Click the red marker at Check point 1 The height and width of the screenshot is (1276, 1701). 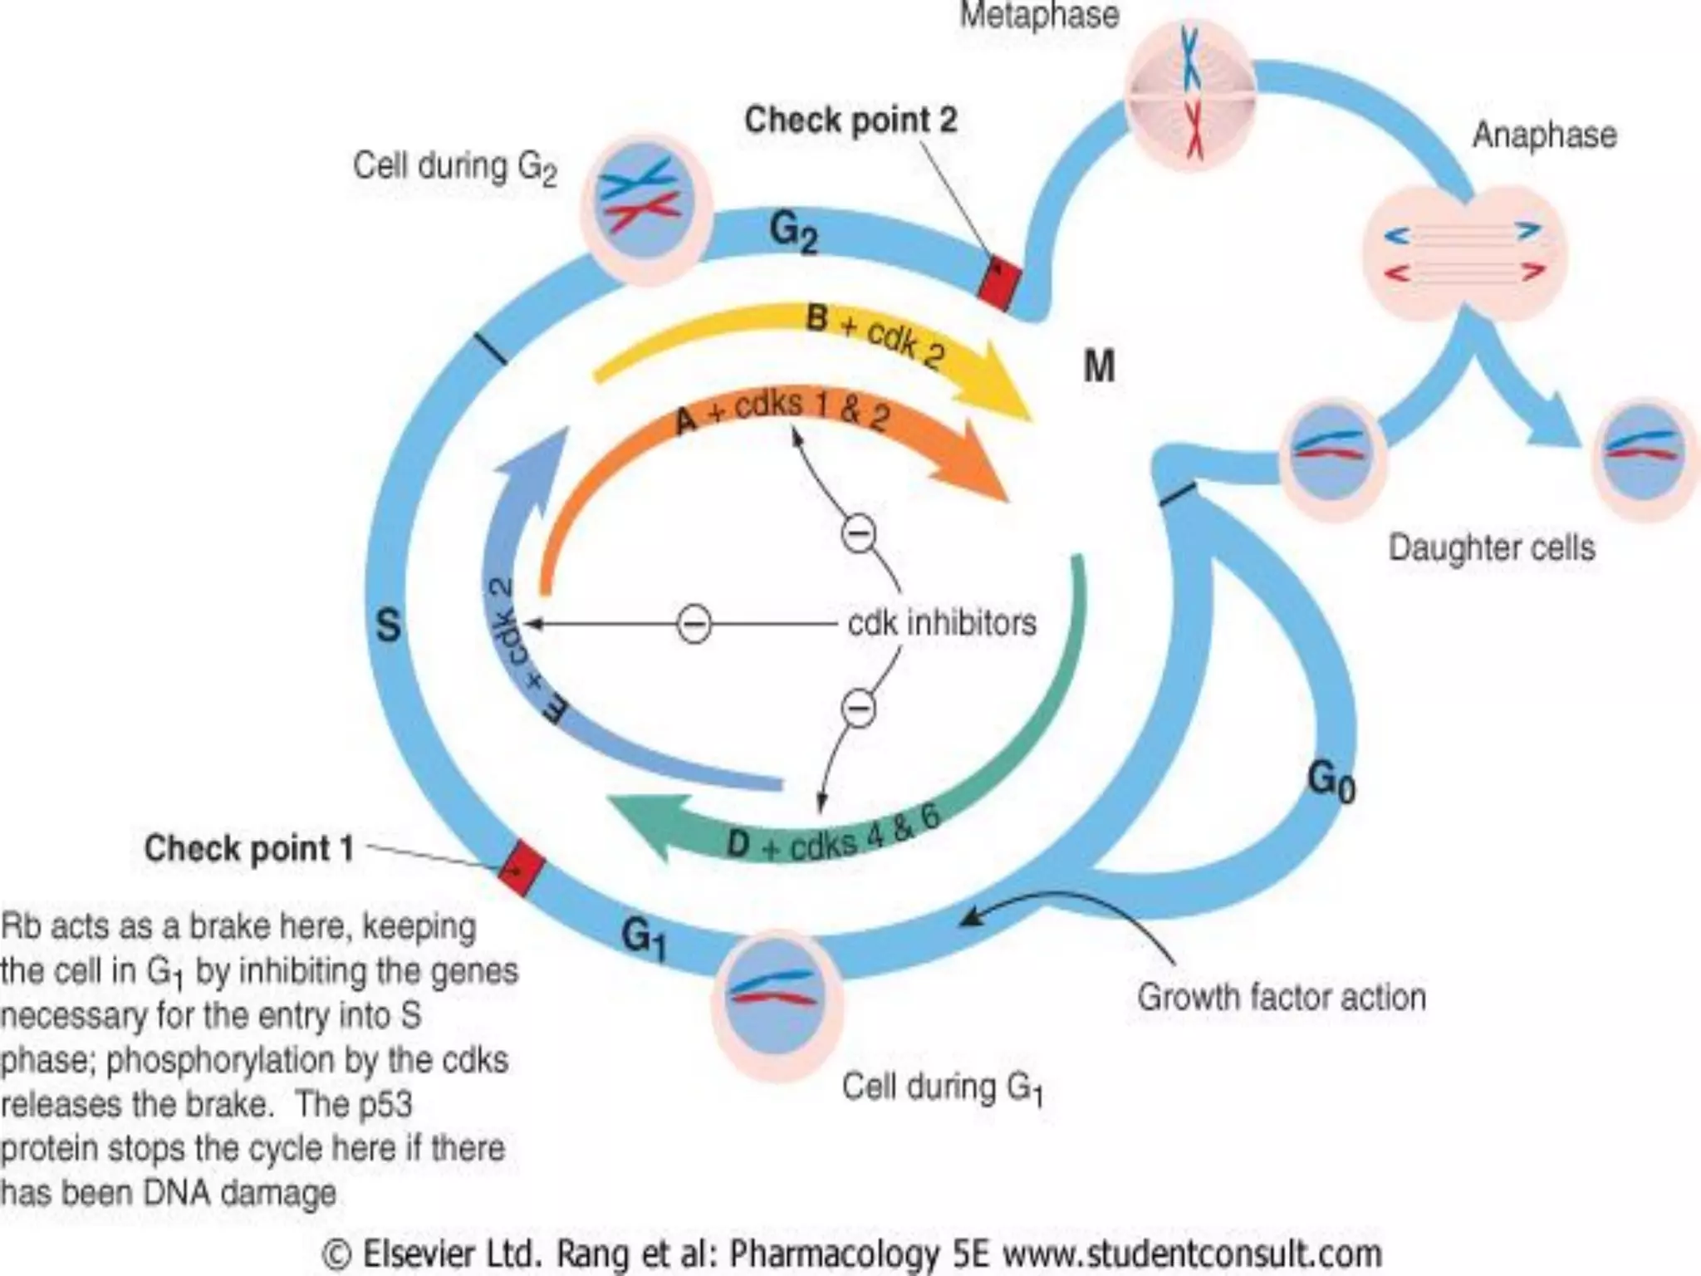coord(522,868)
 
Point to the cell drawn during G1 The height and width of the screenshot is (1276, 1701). coord(777,1004)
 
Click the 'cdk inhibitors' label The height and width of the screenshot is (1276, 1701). coord(942,622)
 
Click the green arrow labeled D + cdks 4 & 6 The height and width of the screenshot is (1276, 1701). coord(831,831)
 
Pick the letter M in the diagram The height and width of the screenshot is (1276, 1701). coord(1099,366)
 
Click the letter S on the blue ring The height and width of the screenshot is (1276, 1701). coord(388,625)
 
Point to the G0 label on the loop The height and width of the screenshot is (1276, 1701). coord(1331,782)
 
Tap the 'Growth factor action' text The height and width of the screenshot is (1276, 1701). coord(1282,997)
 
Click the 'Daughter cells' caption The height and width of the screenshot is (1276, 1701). coord(1492,548)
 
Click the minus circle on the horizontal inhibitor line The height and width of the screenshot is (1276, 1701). coord(694,624)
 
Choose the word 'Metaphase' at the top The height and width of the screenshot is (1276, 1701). coord(1039,15)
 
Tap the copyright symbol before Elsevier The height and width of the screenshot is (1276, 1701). coord(336,1254)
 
